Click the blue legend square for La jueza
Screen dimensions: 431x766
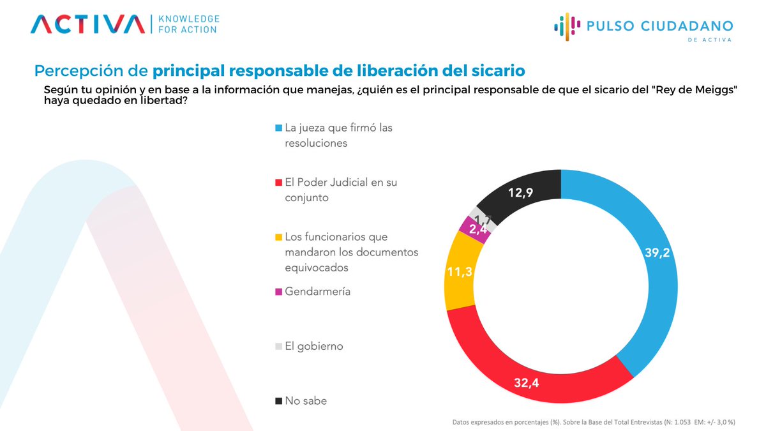pos(278,128)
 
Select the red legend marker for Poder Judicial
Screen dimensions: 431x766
pos(278,183)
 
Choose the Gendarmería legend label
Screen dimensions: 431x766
pos(317,292)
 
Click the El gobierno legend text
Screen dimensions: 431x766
pos(313,347)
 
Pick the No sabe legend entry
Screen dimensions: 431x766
pos(306,402)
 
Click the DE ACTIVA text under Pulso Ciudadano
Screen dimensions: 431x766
pos(709,40)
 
